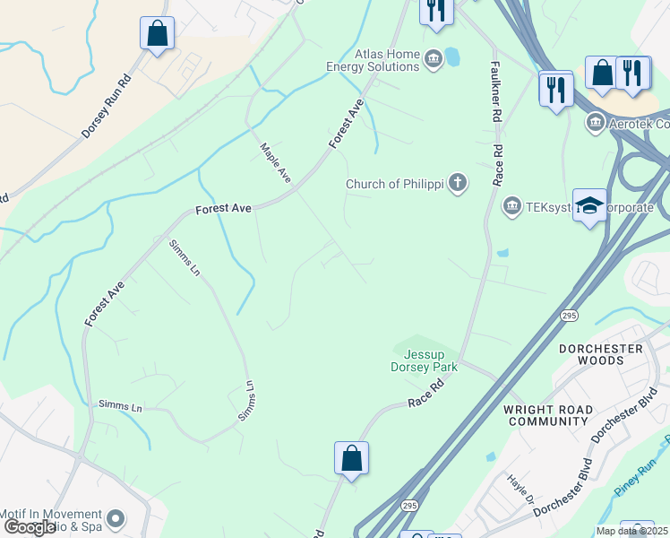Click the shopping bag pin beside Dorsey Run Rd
coord(157,34)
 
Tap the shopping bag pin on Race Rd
coord(352,458)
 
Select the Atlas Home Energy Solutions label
coord(387,60)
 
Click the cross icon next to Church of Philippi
coord(458,184)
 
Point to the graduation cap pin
coord(589,205)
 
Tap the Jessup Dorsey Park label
coord(425,360)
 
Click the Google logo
coord(30,527)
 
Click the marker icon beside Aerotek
coord(595,122)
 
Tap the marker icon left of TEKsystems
coord(511,207)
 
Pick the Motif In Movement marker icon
coord(115,518)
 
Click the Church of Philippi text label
coord(395,185)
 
